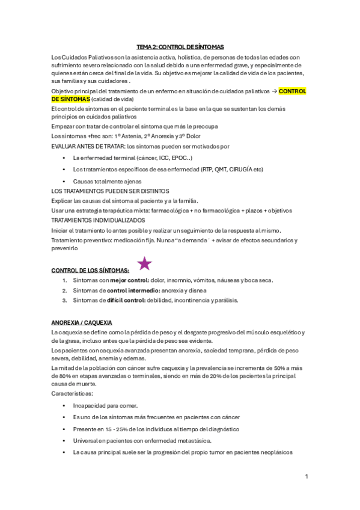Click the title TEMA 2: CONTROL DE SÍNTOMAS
tap(180, 46)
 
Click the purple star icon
tap(145, 263)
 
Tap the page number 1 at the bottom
tap(307, 477)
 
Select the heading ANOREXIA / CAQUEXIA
tap(82, 322)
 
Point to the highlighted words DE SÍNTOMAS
tap(71, 99)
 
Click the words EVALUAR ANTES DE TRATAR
tap(88, 146)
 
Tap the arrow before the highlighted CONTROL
tap(275, 91)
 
